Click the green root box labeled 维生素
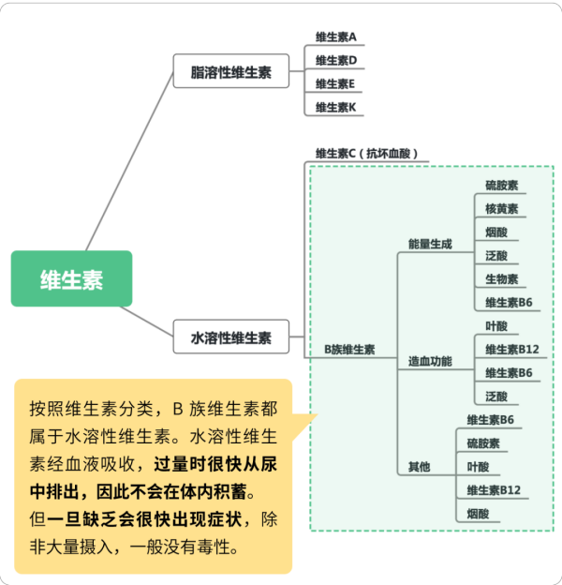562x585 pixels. pyautogui.click(x=71, y=278)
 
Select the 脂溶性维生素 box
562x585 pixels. pyautogui.click(x=231, y=71)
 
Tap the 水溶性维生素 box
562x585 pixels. pyautogui.click(x=231, y=337)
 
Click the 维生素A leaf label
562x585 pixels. pyautogui.click(x=335, y=37)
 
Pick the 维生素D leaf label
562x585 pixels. pyautogui.click(x=336, y=60)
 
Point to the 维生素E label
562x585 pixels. pyautogui.click(x=335, y=84)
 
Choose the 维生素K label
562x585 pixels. pyautogui.click(x=335, y=108)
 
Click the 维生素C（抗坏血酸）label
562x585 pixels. pyautogui.click(x=367, y=154)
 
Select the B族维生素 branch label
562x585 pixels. pyautogui.click(x=349, y=350)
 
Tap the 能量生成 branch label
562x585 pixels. pyautogui.click(x=430, y=244)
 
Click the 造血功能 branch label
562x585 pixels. pyautogui.click(x=430, y=361)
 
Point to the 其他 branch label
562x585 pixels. pyautogui.click(x=420, y=467)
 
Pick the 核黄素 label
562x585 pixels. pyautogui.click(x=502, y=209)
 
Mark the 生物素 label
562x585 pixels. pyautogui.click(x=502, y=279)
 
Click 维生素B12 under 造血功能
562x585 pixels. pyautogui.click(x=512, y=350)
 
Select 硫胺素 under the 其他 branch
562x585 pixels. pyautogui.click(x=483, y=443)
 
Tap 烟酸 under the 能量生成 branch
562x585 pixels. pyautogui.click(x=496, y=232)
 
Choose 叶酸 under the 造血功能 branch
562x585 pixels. pyautogui.click(x=496, y=326)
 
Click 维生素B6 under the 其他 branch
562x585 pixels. pyautogui.click(x=491, y=420)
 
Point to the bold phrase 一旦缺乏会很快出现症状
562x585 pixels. pyautogui.click(x=144, y=519)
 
